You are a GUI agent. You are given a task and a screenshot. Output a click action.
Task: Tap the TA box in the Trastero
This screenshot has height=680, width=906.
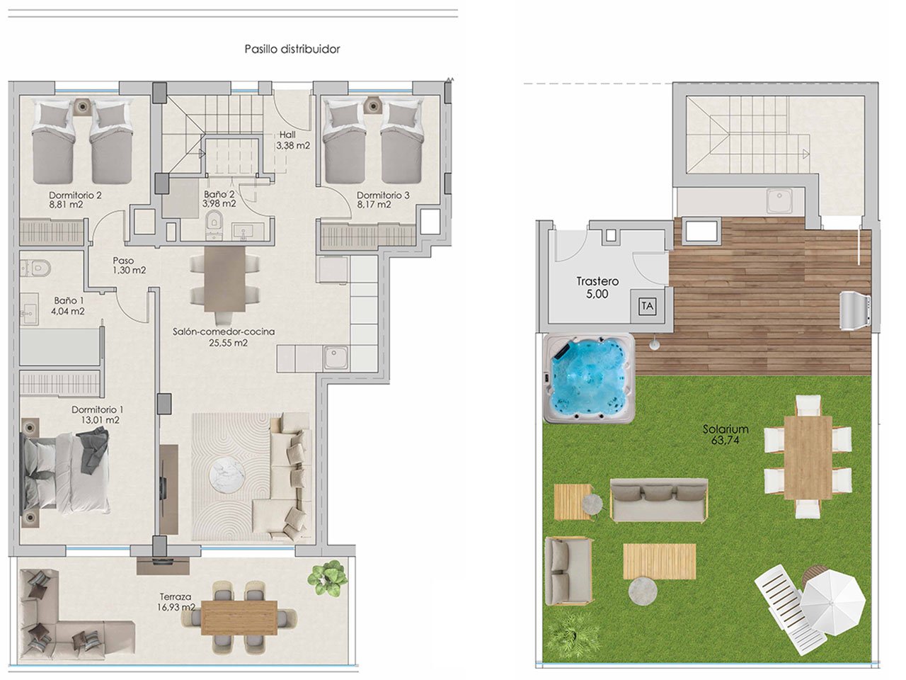pyautogui.click(x=647, y=306)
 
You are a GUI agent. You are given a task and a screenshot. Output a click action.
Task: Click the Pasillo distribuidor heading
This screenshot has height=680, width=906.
pyautogui.click(x=292, y=49)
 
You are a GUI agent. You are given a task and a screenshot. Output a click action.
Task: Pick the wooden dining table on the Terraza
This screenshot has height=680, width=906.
pyautogui.click(x=239, y=617)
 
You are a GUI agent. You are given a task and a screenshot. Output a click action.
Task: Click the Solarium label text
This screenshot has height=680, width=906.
pyautogui.click(x=726, y=429)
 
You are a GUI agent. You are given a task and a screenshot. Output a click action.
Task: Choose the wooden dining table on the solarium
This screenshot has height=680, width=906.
pyautogui.click(x=808, y=458)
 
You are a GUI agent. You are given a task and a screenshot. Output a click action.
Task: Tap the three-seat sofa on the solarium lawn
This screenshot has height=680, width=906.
pyautogui.click(x=658, y=499)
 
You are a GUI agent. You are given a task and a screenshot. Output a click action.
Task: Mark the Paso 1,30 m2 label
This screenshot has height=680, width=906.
pyautogui.click(x=128, y=266)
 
